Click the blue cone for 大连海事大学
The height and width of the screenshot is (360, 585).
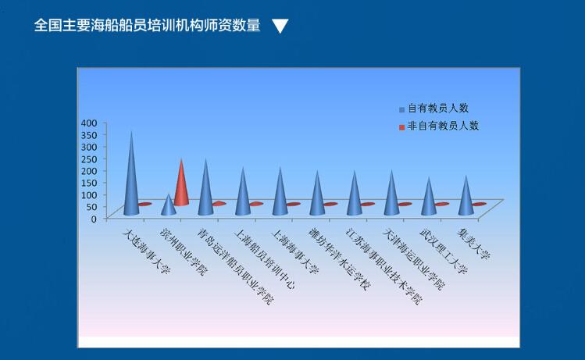click(x=131, y=179)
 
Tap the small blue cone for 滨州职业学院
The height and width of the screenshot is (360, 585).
click(x=168, y=206)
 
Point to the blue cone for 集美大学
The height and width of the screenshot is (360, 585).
click(x=466, y=200)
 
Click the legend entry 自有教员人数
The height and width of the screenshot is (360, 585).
click(x=433, y=109)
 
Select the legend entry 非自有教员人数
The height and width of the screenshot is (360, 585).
click(x=439, y=126)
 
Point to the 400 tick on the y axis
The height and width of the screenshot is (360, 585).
click(x=89, y=123)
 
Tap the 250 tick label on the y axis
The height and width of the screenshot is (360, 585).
click(x=89, y=159)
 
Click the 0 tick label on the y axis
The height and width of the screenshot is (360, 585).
click(x=94, y=219)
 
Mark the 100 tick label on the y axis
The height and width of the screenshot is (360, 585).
click(x=89, y=194)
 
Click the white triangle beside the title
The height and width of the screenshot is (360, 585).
click(x=280, y=26)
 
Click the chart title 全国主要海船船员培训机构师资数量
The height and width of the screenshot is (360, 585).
click(x=147, y=25)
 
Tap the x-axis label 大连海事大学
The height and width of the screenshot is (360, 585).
click(x=147, y=251)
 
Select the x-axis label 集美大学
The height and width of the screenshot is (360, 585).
click(x=473, y=244)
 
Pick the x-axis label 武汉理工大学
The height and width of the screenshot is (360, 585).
click(x=444, y=251)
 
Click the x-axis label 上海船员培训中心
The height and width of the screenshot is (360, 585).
click(x=264, y=259)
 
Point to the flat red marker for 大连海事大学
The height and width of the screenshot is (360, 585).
click(x=144, y=204)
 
